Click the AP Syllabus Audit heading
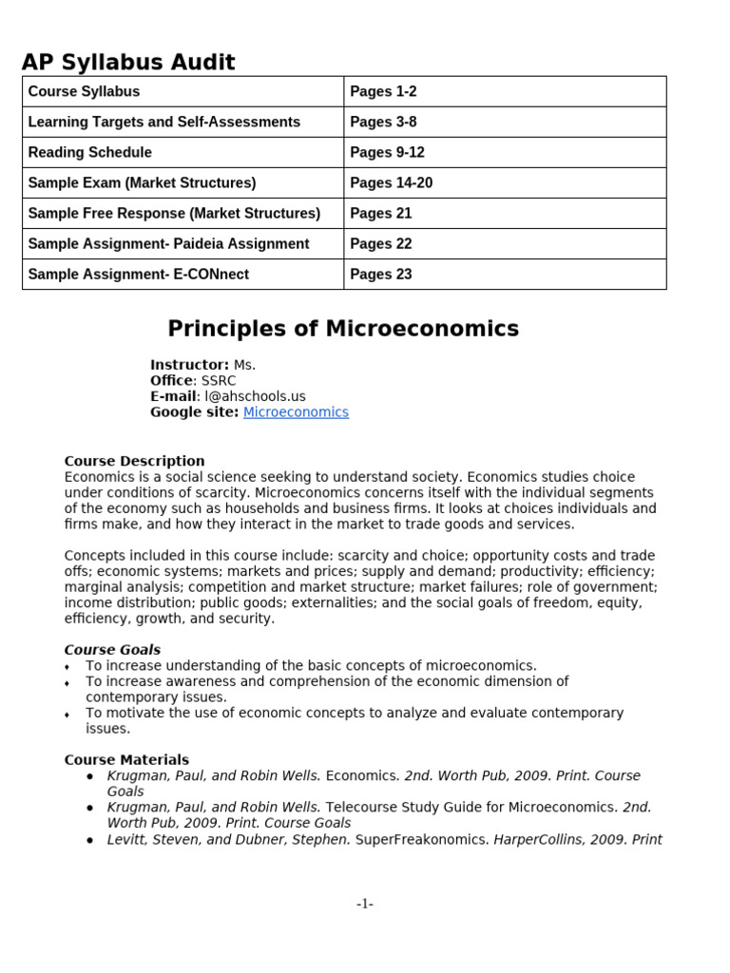tap(128, 63)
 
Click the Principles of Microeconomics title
tap(343, 329)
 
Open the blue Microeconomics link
tap(296, 412)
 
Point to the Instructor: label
tap(189, 365)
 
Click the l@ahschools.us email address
tap(255, 396)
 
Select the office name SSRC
tap(219, 381)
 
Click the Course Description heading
tap(134, 461)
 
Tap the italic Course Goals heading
tap(112, 650)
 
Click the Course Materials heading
tap(126, 760)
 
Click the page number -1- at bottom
tap(365, 904)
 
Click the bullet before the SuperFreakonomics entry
tap(89, 840)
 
